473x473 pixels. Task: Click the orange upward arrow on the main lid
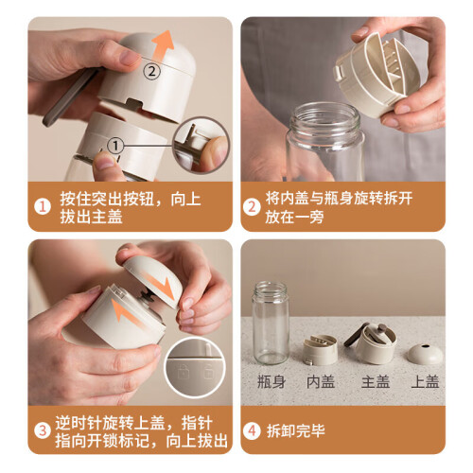pos(162,45)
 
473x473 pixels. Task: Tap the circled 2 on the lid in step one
pos(152,72)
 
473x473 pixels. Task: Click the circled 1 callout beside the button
pos(115,146)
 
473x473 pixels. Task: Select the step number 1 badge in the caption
pos(43,207)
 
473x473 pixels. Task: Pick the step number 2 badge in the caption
pos(252,207)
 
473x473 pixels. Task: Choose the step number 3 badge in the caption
pos(43,430)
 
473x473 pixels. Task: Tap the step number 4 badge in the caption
pos(252,430)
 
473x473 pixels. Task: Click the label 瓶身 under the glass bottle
pos(272,381)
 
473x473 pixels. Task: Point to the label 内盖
pos(321,381)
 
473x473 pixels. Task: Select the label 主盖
pos(376,381)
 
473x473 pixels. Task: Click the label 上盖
pos(426,381)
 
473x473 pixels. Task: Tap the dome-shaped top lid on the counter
pos(425,354)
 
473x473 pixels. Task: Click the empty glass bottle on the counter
pos(271,323)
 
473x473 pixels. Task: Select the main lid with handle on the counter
pos(373,343)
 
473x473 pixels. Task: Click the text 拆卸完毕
pos(296,430)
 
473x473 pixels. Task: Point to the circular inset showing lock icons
pos(195,368)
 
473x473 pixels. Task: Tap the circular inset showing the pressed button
pos(201,145)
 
